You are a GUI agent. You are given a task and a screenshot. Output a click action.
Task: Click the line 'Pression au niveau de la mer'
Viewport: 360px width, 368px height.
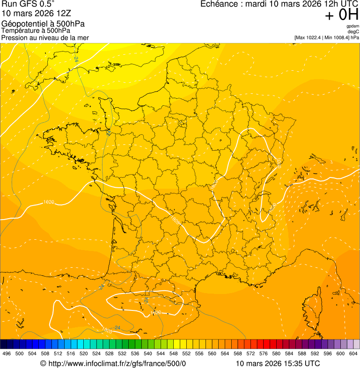click(x=45, y=37)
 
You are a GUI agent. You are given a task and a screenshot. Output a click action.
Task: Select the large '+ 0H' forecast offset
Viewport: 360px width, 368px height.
click(x=342, y=15)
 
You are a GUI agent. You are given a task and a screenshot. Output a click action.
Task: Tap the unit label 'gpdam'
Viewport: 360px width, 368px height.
click(x=353, y=26)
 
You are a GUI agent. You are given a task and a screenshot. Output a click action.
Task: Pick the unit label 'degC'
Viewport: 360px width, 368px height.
click(x=353, y=31)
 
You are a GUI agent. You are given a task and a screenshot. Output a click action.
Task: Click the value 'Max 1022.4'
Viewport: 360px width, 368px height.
click(x=309, y=37)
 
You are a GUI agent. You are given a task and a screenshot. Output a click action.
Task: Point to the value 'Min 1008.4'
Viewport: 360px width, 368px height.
click(x=337, y=37)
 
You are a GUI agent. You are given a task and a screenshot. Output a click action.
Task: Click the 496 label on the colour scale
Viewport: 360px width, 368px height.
click(x=7, y=354)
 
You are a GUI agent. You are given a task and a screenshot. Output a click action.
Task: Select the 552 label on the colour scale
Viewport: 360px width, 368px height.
click(x=186, y=354)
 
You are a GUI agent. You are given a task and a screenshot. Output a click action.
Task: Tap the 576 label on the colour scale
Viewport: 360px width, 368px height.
click(x=264, y=354)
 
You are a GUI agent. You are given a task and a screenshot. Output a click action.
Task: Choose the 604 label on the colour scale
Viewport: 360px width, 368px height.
click(x=353, y=354)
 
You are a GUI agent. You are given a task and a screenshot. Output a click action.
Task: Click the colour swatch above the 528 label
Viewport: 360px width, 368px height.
click(x=109, y=344)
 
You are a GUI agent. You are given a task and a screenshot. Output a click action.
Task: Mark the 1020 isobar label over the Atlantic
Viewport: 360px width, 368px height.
click(x=48, y=202)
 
